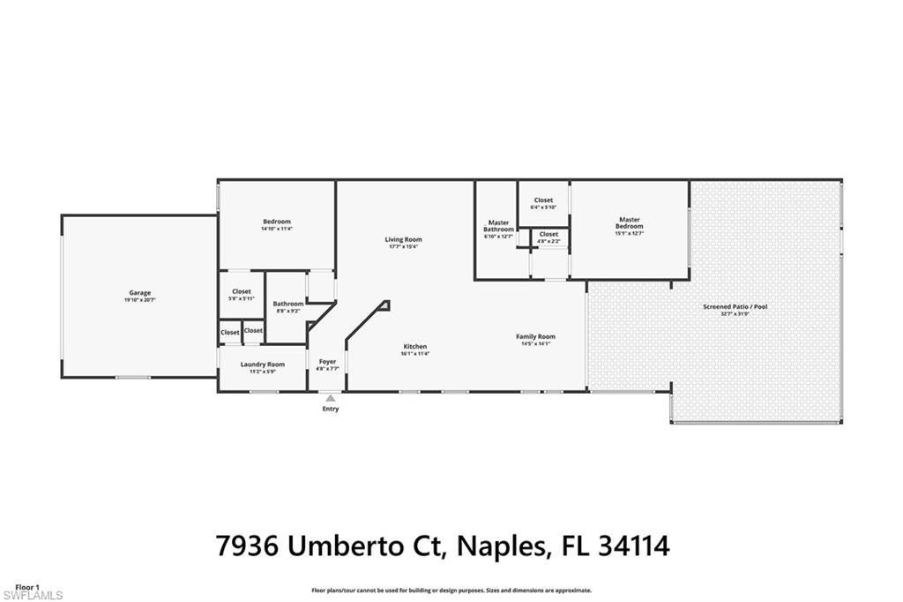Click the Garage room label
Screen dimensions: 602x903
tap(139, 293)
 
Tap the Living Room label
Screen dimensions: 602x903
tap(403, 239)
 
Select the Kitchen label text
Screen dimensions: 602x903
tap(415, 346)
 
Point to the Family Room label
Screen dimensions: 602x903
tap(535, 336)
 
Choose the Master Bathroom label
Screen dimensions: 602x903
tap(498, 226)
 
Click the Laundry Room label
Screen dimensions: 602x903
tap(263, 365)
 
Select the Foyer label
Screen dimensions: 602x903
tap(327, 362)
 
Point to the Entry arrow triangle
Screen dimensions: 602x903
tap(330, 399)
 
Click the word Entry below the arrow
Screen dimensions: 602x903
tap(330, 409)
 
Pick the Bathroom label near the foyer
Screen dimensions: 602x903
tap(287, 304)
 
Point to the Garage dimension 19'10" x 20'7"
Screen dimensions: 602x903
tap(139, 301)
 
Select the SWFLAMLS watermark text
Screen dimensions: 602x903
tap(32, 596)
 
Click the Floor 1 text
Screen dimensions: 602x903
tap(27, 587)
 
